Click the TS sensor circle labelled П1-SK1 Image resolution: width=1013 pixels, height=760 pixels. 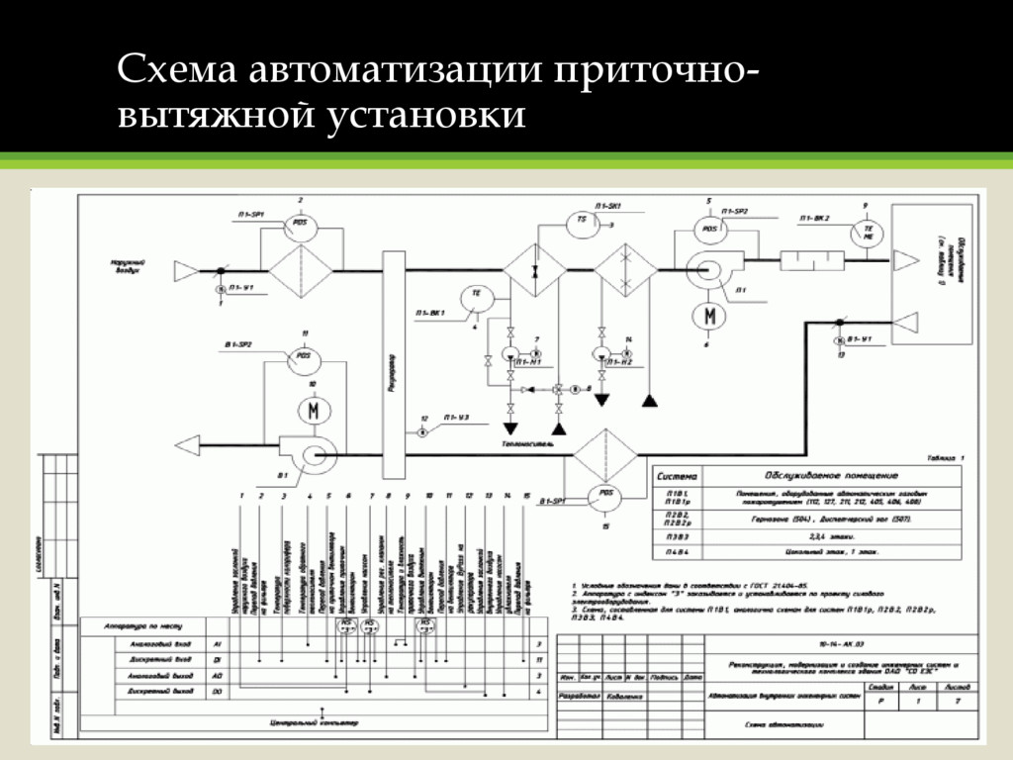point(582,222)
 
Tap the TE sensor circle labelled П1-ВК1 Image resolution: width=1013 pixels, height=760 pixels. point(476,295)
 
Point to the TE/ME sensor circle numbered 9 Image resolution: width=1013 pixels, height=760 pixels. point(869,232)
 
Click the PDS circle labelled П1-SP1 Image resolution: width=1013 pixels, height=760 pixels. point(300,224)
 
